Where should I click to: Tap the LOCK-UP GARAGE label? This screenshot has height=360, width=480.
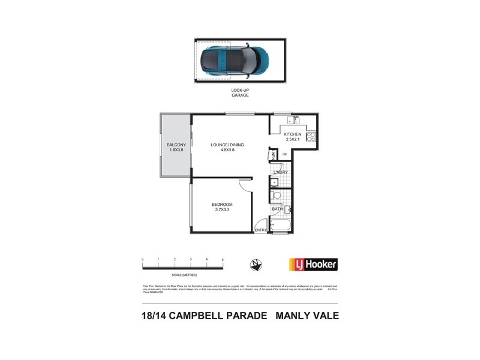[x=240, y=92]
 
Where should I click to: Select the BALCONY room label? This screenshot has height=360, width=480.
[x=176, y=148]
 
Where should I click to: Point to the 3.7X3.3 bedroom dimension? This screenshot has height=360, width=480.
[x=223, y=210]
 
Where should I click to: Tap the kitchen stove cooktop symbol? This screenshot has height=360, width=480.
[x=311, y=137]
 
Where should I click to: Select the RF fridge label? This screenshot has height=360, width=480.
[x=284, y=155]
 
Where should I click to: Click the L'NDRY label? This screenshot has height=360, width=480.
[x=281, y=173]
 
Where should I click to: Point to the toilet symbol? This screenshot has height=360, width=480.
[x=276, y=196]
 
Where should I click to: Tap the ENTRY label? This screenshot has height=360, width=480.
[x=260, y=230]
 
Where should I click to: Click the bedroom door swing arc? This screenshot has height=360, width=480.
[x=245, y=185]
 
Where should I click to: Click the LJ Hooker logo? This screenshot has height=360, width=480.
[x=313, y=263]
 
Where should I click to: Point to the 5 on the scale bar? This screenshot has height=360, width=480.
[x=223, y=259]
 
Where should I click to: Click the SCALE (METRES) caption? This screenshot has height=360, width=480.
[x=183, y=274]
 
